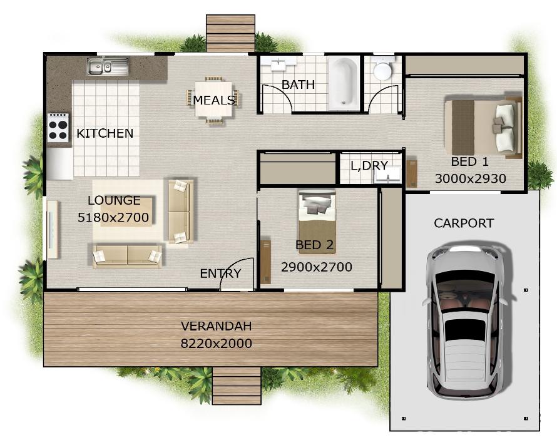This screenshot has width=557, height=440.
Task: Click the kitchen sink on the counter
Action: (x=107, y=66)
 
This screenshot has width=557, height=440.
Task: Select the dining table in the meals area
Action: (x=213, y=100)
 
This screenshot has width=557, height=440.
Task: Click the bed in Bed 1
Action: (x=483, y=127)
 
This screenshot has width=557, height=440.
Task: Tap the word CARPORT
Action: (x=464, y=223)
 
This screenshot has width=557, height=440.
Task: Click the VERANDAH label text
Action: (x=216, y=326)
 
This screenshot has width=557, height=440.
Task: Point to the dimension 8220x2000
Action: (x=216, y=343)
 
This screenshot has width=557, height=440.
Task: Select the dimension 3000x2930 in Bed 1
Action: (x=470, y=179)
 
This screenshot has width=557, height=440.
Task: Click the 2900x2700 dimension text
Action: (x=316, y=267)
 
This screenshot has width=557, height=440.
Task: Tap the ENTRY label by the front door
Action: (x=220, y=274)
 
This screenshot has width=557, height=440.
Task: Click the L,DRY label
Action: (x=369, y=166)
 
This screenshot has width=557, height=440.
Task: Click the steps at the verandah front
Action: (x=237, y=385)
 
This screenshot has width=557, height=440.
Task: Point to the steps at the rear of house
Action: (x=230, y=33)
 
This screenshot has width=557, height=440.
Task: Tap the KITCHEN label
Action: (x=105, y=133)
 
